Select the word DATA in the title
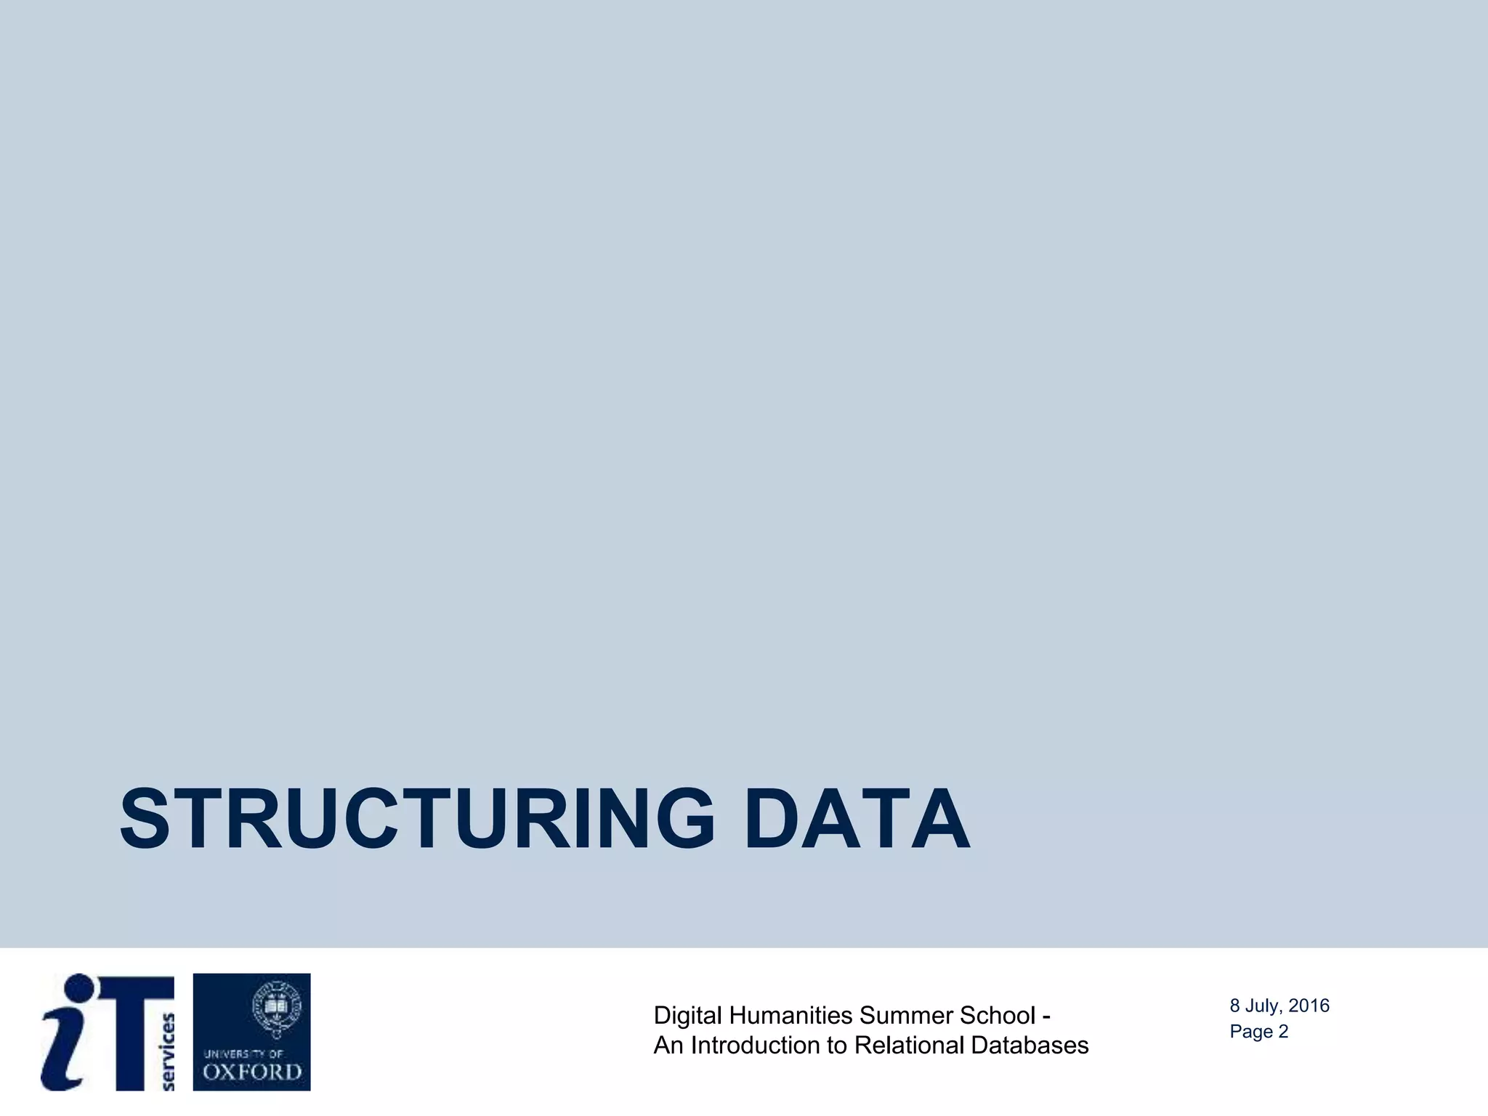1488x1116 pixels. pos(857,819)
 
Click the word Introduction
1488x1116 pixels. pos(756,1046)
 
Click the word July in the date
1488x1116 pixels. pos(1263,1006)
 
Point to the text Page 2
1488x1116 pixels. pos(1258,1032)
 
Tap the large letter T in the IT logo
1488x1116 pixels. pos(138,1032)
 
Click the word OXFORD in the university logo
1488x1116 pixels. pos(251,1072)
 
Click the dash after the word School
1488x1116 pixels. pos(1046,1016)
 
